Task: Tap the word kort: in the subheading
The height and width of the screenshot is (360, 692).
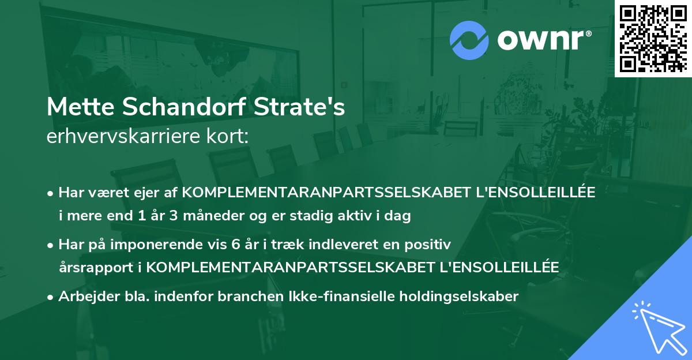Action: click(228, 137)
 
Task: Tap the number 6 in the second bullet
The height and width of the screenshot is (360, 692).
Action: click(235, 245)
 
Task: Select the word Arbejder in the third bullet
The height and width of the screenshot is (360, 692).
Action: click(83, 297)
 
